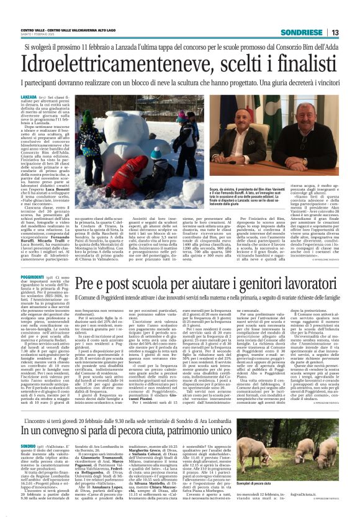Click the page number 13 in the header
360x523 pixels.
coord(335,32)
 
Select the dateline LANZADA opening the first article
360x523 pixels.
coord(29,98)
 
